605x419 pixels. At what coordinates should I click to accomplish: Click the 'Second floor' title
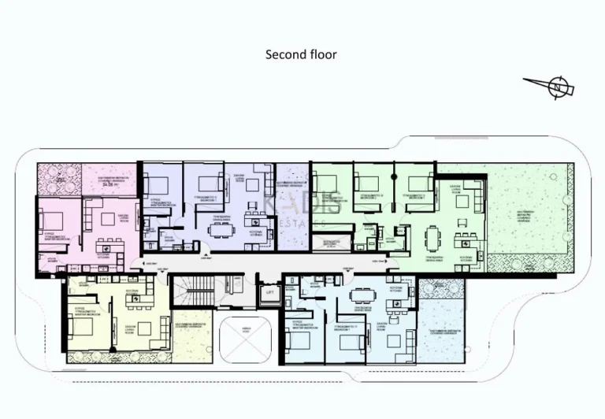(301, 54)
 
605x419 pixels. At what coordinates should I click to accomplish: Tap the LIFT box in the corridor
(269, 291)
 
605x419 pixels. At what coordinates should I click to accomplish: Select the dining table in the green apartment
(432, 236)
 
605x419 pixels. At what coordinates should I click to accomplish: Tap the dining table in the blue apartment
(363, 296)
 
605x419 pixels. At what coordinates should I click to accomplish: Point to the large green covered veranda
(529, 217)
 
